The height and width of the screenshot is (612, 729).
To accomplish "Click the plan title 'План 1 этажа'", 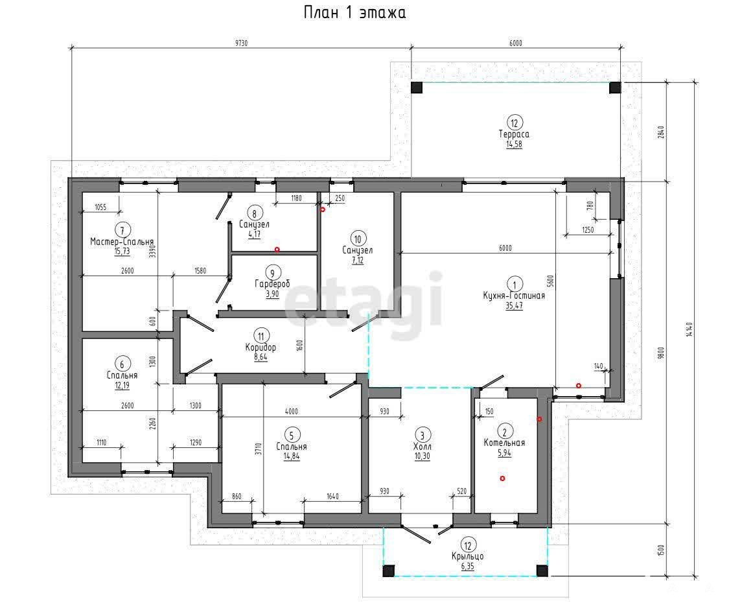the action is [354, 12].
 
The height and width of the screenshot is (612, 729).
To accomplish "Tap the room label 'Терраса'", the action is [514, 134].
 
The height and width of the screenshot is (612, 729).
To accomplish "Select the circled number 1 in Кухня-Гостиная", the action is [515, 284].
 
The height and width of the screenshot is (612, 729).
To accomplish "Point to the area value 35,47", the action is [515, 305].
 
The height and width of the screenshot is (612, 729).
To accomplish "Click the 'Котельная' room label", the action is [504, 443].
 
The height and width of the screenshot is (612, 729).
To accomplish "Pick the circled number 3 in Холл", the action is [422, 436].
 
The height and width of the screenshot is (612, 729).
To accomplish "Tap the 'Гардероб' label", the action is [272, 284].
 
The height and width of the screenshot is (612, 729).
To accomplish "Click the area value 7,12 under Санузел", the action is [358, 261].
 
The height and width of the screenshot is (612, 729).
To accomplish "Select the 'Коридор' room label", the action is [261, 347].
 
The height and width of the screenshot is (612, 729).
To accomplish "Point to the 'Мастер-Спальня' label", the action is [122, 242].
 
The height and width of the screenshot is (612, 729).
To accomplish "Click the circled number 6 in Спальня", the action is [122, 364].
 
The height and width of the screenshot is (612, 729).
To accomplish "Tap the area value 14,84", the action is [292, 456].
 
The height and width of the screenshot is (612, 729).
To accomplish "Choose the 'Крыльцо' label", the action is [468, 556].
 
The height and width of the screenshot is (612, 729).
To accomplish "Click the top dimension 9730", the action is [241, 43].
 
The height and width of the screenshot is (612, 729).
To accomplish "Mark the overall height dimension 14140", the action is [689, 329].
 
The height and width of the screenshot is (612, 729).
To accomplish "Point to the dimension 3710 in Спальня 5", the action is [259, 449].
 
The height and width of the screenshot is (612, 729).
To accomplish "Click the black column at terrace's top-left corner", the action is [417, 88].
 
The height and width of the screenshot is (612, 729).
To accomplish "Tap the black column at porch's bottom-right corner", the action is [542, 571].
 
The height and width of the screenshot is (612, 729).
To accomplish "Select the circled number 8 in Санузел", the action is [254, 213].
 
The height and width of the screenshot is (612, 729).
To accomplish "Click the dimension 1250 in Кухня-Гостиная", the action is [588, 230].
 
